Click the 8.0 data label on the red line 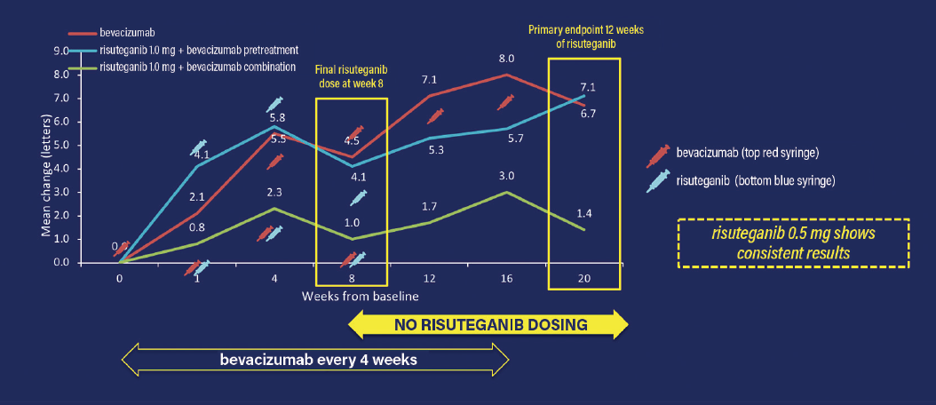(x=508, y=60)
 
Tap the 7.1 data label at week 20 (x=586, y=86)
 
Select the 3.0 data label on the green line (x=508, y=176)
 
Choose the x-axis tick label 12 (x=429, y=277)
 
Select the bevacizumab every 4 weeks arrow (x=315, y=360)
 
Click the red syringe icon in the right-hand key (x=659, y=154)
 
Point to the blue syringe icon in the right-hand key (x=659, y=181)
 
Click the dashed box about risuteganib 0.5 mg (x=793, y=242)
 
